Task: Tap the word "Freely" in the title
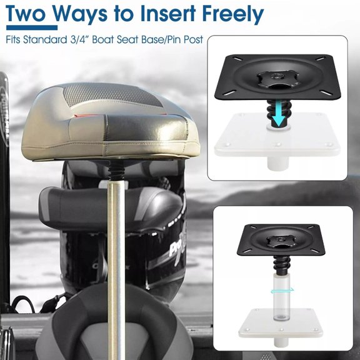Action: coord(232,15)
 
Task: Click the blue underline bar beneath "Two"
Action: coord(32,27)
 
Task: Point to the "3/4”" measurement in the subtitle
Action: coord(79,39)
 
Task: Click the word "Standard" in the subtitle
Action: coord(44,39)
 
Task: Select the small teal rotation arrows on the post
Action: coord(282,291)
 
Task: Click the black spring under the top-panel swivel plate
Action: coord(279,112)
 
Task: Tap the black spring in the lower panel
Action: coord(282,264)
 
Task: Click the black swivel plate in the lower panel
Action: coord(281,240)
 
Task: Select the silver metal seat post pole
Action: coord(116,269)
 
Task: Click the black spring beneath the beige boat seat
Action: coord(117,169)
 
